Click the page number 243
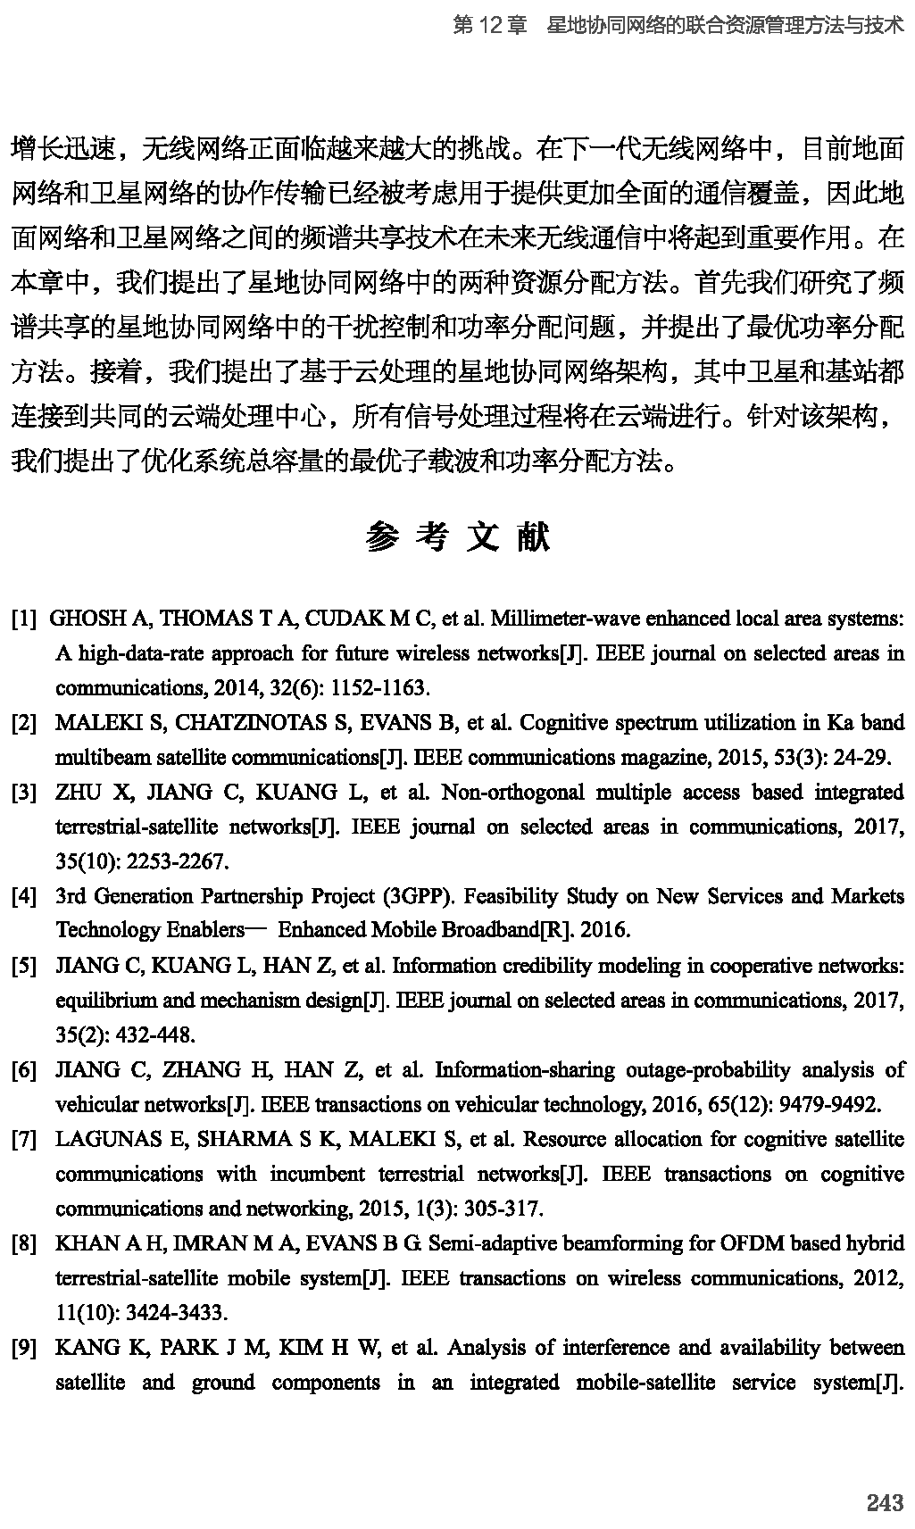[885, 1503]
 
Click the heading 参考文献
[457, 537]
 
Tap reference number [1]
[24, 619]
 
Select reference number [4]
[24, 896]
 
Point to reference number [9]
[24, 1348]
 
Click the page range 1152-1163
[378, 687]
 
